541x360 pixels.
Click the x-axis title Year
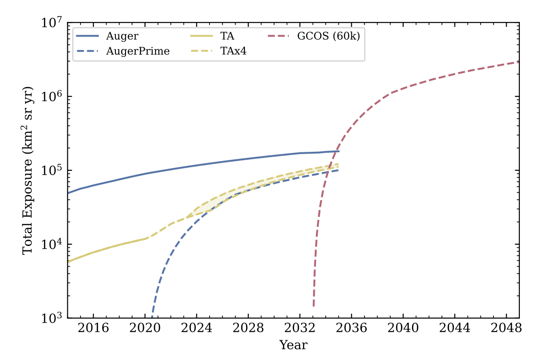(293, 345)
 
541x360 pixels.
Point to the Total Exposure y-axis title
(28, 170)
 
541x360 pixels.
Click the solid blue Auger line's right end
(339, 151)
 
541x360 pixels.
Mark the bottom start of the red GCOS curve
(313, 306)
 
